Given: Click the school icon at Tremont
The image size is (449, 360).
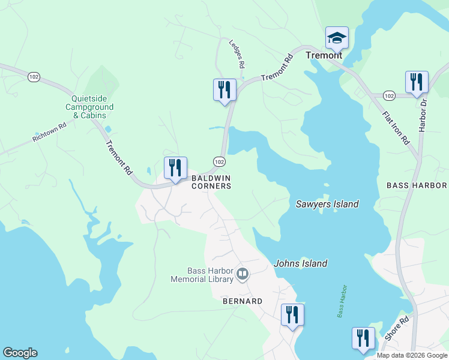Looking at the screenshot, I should (337, 38).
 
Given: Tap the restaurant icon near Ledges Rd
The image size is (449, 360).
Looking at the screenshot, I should (224, 90).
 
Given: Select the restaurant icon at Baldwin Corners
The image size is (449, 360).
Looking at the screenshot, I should (175, 168).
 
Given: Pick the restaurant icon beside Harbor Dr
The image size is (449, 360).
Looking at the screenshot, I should (416, 82).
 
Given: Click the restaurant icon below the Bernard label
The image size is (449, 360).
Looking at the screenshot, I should (292, 315).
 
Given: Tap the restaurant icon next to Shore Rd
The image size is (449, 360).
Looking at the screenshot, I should (363, 338).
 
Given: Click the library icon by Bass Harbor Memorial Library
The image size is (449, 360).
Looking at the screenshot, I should (243, 275).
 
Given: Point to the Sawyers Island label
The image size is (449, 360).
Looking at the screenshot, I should (327, 204).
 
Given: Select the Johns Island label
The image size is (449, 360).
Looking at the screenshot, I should (301, 263).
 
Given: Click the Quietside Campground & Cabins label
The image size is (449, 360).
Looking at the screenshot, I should (92, 107).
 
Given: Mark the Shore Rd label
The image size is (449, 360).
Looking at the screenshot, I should (396, 328).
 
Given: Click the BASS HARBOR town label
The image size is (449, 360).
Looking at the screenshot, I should (417, 185).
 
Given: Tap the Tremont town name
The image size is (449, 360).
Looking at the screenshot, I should (324, 55).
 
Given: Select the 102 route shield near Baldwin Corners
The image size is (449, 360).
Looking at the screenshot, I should (219, 162).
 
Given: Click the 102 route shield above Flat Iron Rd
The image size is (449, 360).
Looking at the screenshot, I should (388, 95).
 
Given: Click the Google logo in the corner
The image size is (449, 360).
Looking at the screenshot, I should (20, 353).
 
